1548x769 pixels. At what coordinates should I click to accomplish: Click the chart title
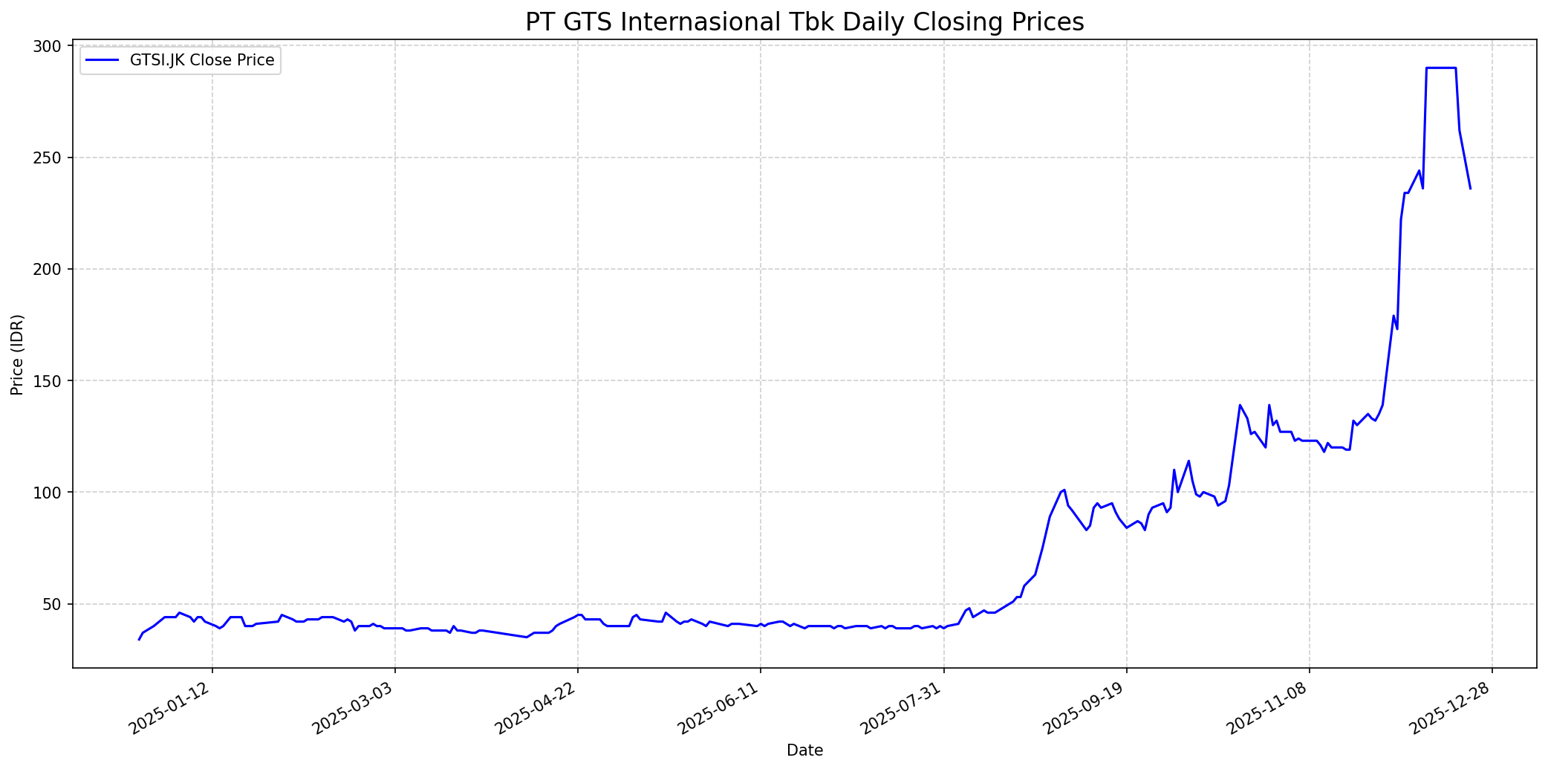tap(804, 22)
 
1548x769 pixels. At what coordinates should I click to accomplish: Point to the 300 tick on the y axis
tap(50, 46)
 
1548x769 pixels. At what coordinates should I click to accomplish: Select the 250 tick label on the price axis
tap(50, 158)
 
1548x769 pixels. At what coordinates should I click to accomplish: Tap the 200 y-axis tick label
tap(50, 269)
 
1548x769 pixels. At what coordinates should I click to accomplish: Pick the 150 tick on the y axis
tap(50, 380)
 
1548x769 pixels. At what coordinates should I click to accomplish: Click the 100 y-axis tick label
tap(50, 492)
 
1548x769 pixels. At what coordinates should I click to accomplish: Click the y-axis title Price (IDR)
tap(17, 354)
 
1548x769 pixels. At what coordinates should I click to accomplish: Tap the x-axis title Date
tap(804, 750)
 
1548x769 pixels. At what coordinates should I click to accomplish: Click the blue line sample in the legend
tap(103, 60)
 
